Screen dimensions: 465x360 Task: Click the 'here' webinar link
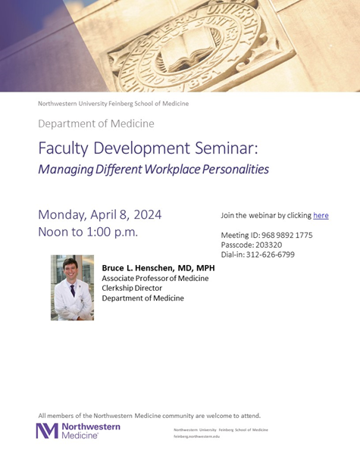click(x=321, y=215)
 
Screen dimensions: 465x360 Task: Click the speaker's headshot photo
click(x=72, y=287)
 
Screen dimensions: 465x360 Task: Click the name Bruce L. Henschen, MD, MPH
click(x=158, y=267)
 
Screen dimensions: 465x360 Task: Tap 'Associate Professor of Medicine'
click(x=155, y=278)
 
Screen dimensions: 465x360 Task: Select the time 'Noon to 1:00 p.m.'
click(x=88, y=232)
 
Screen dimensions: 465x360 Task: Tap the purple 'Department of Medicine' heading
click(x=96, y=123)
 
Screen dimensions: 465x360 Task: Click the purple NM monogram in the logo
click(x=46, y=431)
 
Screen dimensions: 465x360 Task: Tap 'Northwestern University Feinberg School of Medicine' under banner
click(x=114, y=103)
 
